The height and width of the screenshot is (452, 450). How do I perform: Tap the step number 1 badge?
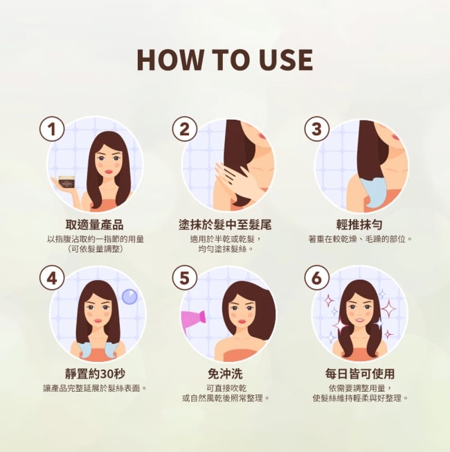tap(52, 129)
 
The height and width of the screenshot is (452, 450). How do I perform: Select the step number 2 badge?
tap(185, 129)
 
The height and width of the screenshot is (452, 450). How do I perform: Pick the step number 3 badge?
tap(316, 129)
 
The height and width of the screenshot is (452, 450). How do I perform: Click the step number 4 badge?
tap(52, 279)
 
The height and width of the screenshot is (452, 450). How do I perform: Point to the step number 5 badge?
tap(185, 279)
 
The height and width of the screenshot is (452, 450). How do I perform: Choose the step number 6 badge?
tap(316, 279)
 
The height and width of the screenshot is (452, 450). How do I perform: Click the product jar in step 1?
tap(67, 182)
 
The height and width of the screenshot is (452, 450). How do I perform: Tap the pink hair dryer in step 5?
tap(193, 320)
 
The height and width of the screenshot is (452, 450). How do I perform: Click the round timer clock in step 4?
tap(129, 297)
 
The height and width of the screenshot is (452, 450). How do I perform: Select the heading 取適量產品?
tap(95, 225)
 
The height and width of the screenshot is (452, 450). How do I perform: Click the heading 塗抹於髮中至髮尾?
tap(225, 225)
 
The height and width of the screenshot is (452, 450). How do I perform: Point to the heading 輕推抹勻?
tap(359, 225)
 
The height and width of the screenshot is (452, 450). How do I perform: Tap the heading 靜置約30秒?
tap(95, 374)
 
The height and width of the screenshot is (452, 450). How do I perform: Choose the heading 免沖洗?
tap(225, 374)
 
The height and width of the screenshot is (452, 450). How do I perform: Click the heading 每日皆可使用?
tap(359, 374)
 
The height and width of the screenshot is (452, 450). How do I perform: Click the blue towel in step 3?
tap(374, 192)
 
